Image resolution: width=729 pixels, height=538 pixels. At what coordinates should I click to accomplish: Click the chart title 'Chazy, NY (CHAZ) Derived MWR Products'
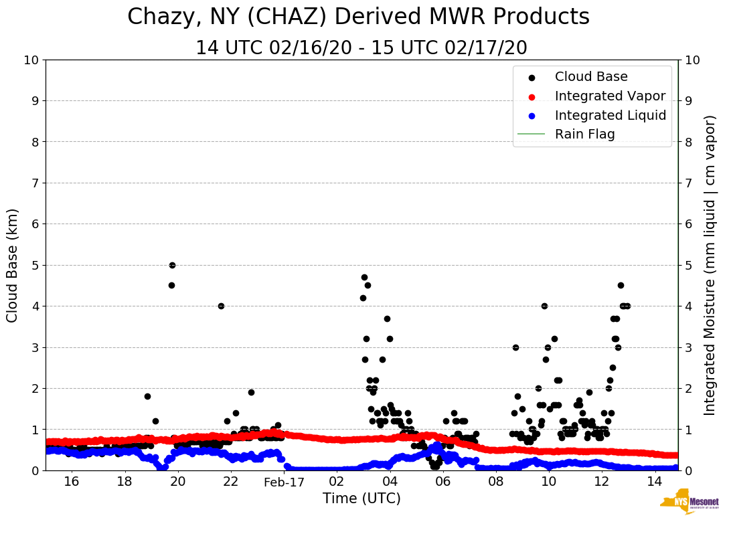[x=358, y=17]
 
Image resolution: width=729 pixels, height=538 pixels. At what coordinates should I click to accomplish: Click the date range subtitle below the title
[x=361, y=48]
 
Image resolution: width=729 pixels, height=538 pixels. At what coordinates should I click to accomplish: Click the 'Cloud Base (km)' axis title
[x=13, y=265]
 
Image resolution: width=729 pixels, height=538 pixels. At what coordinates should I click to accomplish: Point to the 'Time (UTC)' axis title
[x=361, y=499]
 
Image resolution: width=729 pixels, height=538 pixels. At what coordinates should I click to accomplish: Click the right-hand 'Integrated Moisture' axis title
[x=710, y=265]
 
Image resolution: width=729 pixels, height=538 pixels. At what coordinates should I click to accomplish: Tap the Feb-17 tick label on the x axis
[x=284, y=482]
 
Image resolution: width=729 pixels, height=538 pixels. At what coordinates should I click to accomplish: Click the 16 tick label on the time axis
[x=72, y=482]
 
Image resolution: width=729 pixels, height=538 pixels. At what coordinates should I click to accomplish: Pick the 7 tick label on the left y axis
[x=35, y=183]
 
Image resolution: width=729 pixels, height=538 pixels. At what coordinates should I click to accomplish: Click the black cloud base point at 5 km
[x=172, y=265]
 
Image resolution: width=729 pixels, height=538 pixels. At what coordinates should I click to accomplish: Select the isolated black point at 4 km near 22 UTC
[x=221, y=306]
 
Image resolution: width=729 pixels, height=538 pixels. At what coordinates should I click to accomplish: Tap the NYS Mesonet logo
[x=690, y=503]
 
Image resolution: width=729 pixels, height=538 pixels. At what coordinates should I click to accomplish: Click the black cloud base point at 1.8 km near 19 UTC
[x=147, y=396]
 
